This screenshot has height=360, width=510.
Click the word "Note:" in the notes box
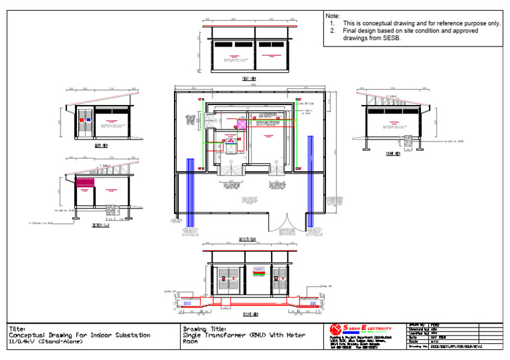333,15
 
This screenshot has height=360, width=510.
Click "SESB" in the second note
392,39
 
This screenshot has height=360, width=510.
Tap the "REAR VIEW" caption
249,78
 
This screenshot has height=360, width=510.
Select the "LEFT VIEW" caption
101,144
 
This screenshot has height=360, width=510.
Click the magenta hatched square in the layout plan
243,124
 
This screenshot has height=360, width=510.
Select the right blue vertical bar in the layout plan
309,181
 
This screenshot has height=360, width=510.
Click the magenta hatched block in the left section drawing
85,181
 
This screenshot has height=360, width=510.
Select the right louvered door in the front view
277,280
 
